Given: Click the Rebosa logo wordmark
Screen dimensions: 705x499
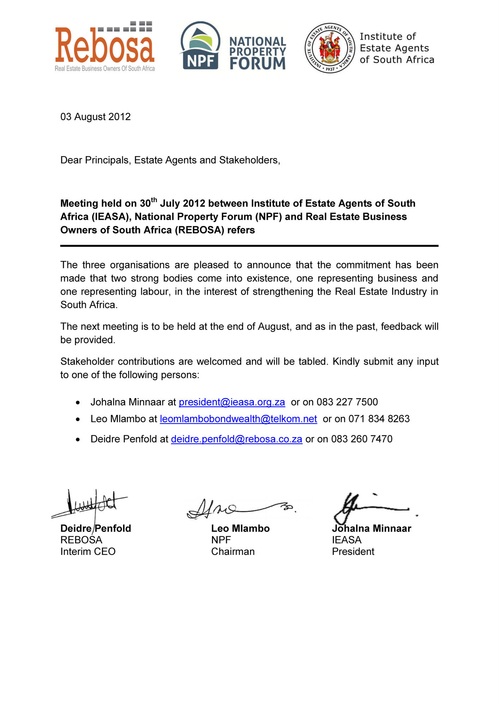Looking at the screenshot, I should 105,45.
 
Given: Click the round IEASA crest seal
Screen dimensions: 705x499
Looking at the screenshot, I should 330,48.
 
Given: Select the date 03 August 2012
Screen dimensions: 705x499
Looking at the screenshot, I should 96,117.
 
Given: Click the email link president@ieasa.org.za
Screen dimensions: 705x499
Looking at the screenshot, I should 232,402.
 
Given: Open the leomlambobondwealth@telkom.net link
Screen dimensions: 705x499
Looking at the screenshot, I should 238,419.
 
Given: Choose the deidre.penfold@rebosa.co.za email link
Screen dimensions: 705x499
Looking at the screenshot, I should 236,439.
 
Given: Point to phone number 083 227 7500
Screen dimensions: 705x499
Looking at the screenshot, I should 347,402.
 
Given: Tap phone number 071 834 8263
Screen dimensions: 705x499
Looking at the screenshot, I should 379,419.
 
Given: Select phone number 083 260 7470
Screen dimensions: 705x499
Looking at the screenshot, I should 361,439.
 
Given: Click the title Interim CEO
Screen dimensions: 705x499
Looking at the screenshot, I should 88,552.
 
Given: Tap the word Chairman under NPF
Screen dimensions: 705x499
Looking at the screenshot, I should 233,552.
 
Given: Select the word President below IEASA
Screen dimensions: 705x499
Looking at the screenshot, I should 353,552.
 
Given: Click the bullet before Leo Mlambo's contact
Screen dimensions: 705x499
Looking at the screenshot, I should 78,419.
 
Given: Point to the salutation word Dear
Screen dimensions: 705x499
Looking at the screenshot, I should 71,160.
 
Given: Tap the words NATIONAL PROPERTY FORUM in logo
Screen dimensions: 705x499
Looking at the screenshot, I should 257,53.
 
